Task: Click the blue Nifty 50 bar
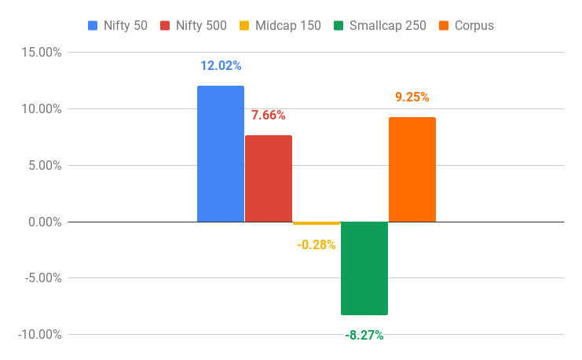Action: pos(221,153)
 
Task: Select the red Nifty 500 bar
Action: pos(269,178)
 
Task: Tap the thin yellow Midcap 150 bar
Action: pos(317,223)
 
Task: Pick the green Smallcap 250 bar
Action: pos(364,268)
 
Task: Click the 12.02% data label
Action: pos(221,66)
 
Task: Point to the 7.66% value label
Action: pos(269,116)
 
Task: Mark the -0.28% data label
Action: pos(317,244)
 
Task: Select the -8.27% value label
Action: pos(364,335)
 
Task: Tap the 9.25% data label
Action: pos(412,97)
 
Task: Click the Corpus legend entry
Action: pos(474,25)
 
